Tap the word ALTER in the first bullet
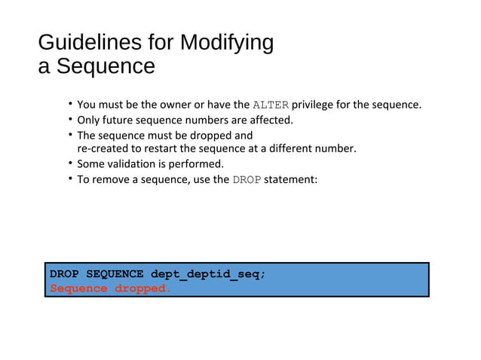[x=271, y=105]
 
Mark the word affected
[x=270, y=120]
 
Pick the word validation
[x=133, y=163]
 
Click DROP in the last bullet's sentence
[x=247, y=179]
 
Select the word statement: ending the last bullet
[x=291, y=179]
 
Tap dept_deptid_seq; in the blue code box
[x=208, y=273]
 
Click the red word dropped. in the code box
[x=142, y=288]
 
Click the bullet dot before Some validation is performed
[x=69, y=163]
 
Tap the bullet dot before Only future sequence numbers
[x=69, y=120]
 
